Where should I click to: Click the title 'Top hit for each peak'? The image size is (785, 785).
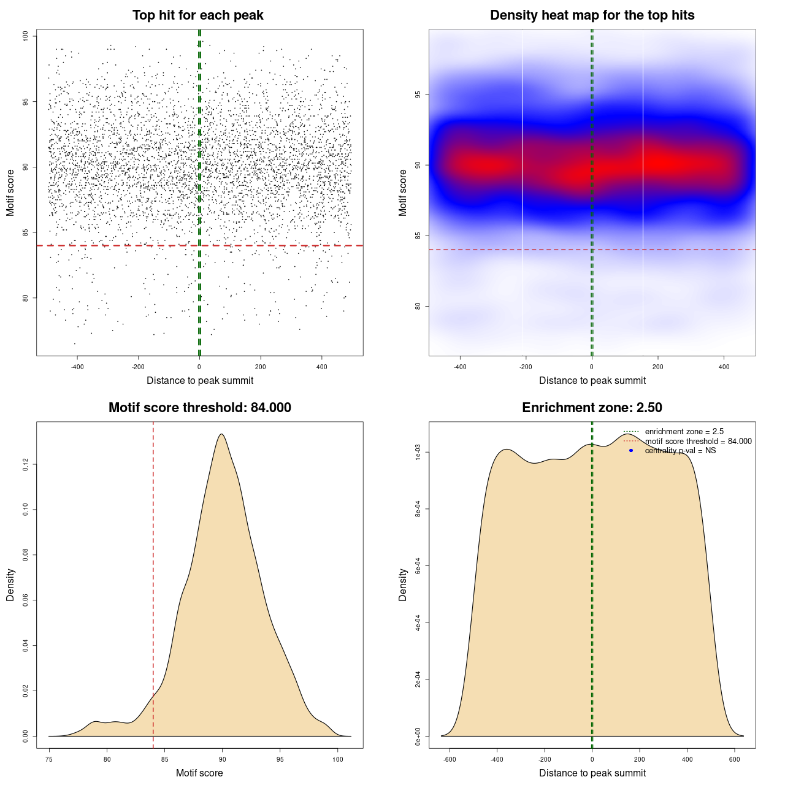(197, 15)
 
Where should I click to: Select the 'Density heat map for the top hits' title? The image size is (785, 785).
(592, 15)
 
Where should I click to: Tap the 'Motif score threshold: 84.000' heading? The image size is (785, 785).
(199, 408)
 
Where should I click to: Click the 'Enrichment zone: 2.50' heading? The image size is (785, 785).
(592, 408)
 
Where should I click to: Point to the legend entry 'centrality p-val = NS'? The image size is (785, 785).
(680, 451)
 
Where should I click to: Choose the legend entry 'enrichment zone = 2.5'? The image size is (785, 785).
(684, 432)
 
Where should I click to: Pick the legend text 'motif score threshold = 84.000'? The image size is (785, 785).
(698, 442)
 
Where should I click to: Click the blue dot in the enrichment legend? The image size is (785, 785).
(630, 451)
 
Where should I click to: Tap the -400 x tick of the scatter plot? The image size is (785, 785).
(77, 367)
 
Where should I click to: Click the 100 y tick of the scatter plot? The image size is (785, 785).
(26, 36)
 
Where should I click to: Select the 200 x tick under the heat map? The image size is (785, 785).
(657, 367)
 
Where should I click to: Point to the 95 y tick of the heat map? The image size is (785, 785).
(418, 94)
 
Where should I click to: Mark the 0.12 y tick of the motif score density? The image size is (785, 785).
(26, 465)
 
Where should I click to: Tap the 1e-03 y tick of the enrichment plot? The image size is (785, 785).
(418, 453)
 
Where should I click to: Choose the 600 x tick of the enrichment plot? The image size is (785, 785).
(734, 760)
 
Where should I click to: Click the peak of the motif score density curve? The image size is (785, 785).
(221, 434)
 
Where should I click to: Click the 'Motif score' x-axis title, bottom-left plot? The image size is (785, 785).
(199, 773)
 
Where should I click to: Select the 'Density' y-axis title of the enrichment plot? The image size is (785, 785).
(403, 584)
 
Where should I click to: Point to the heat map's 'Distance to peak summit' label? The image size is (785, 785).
(592, 380)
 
